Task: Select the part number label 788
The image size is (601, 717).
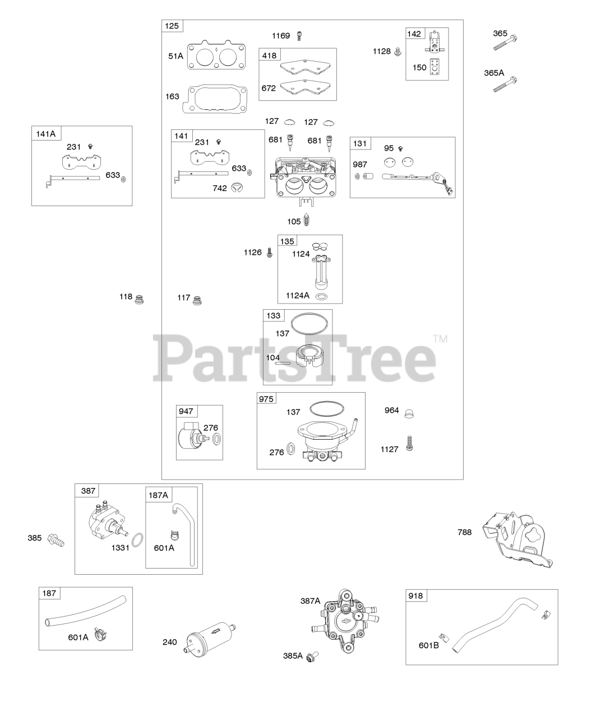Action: pyautogui.click(x=465, y=532)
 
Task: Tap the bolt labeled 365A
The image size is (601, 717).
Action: pyautogui.click(x=506, y=85)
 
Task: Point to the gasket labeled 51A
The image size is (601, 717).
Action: pyautogui.click(x=216, y=55)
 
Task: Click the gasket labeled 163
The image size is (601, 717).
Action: pyautogui.click(x=214, y=99)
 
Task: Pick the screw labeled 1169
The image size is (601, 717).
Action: pyautogui.click(x=300, y=36)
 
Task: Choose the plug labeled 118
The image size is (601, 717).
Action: pyautogui.click(x=139, y=299)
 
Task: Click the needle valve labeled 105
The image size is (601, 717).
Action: pyautogui.click(x=307, y=221)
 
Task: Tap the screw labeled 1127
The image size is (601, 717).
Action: pyautogui.click(x=409, y=443)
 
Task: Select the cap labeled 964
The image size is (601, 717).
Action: pyautogui.click(x=409, y=413)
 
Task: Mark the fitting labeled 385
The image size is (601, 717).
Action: pyautogui.click(x=56, y=540)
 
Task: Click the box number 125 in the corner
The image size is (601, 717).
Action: pyautogui.click(x=172, y=26)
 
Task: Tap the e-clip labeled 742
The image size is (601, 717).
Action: pyautogui.click(x=237, y=187)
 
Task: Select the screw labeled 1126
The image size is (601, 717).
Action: pyautogui.click(x=270, y=253)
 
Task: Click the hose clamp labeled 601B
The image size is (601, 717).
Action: pyautogui.click(x=444, y=637)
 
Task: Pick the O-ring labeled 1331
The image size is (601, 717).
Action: pyautogui.click(x=137, y=540)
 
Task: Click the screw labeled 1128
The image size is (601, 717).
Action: pyautogui.click(x=397, y=52)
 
